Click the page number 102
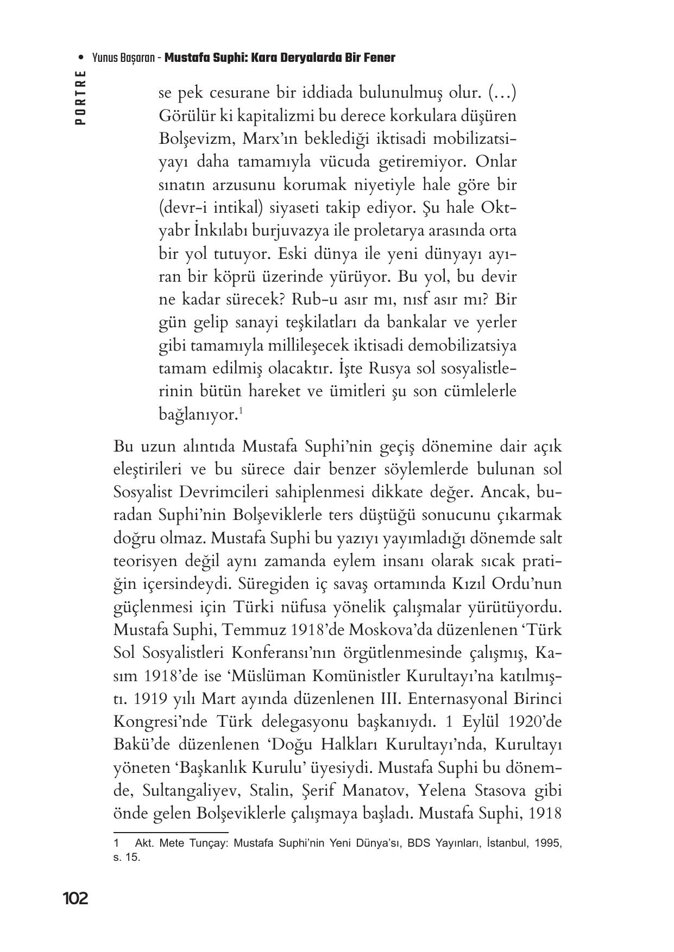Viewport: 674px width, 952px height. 75,899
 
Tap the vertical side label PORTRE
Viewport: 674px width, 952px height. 80,98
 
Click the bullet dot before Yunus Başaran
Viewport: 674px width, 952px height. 81,58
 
